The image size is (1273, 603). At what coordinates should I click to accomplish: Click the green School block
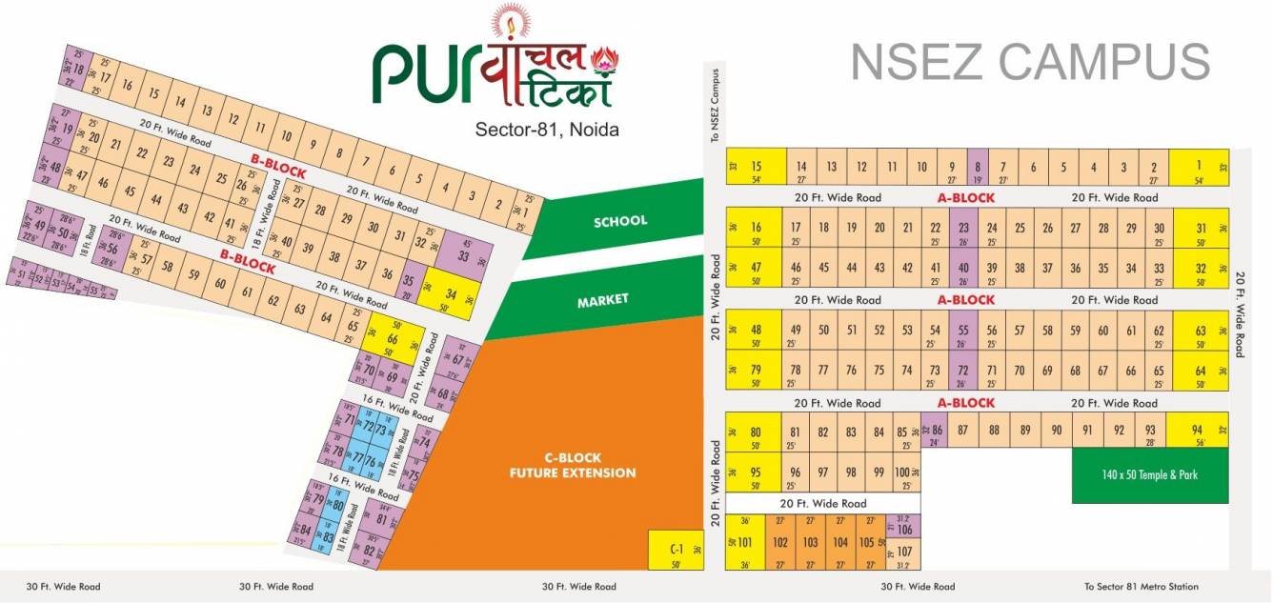click(x=619, y=221)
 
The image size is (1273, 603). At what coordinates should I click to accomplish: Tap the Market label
click(x=602, y=300)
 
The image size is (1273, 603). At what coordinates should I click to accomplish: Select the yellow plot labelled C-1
click(x=676, y=550)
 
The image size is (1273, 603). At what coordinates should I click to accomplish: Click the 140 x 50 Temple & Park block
click(x=1149, y=474)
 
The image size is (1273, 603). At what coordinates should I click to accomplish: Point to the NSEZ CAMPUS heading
click(x=1030, y=62)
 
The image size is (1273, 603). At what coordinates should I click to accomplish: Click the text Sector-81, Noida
click(x=547, y=129)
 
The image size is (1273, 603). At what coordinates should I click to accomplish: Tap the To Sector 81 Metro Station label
click(x=1141, y=587)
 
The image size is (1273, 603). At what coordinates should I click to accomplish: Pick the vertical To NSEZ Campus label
click(x=715, y=105)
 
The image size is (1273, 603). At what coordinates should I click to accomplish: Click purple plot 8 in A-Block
click(x=977, y=167)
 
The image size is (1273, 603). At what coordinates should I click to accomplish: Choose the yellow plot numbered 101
click(x=745, y=542)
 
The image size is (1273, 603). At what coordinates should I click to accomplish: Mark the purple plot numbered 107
click(x=904, y=552)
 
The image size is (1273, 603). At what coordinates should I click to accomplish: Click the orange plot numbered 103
click(x=810, y=542)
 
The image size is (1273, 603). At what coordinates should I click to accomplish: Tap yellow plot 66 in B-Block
click(x=392, y=339)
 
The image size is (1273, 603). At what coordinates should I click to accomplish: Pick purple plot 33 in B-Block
click(x=464, y=254)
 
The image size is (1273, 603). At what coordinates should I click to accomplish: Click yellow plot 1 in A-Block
click(x=1198, y=167)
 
